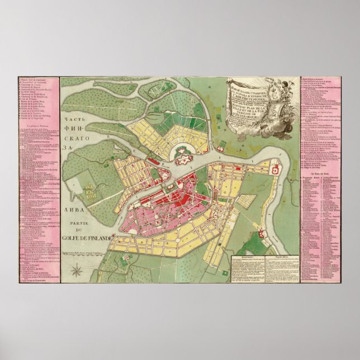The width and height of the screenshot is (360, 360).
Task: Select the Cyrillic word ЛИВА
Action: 70,211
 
